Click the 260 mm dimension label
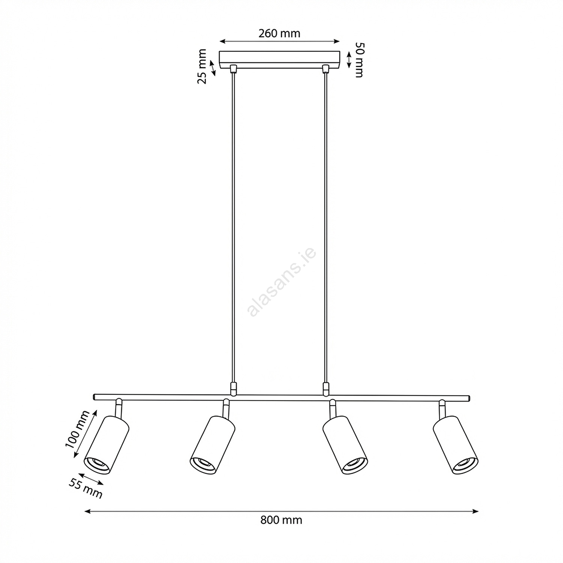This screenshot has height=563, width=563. (279, 33)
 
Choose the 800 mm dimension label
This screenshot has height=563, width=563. (281, 520)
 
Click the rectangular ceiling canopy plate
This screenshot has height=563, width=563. (279, 60)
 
